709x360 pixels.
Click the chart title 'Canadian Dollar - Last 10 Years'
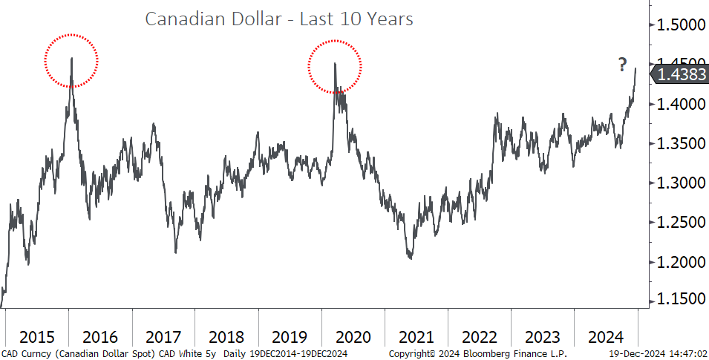pyautogui.click(x=278, y=19)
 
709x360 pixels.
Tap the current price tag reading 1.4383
pyautogui.click(x=680, y=74)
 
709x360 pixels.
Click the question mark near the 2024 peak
pyautogui.click(x=623, y=65)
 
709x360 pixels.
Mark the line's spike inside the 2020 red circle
pyautogui.click(x=334, y=64)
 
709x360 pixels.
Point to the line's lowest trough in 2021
pyautogui.click(x=410, y=258)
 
